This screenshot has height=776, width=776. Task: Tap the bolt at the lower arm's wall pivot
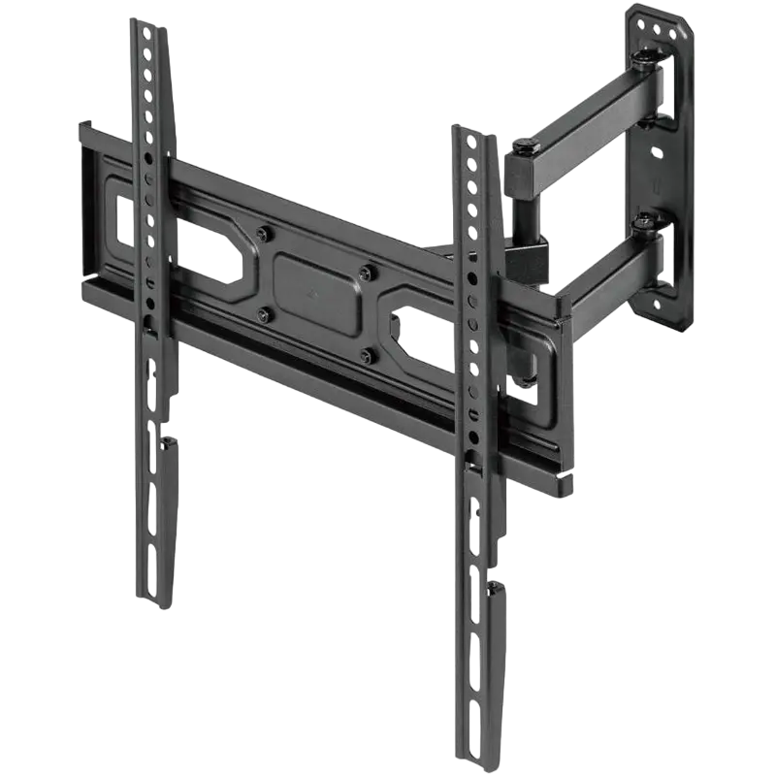(x=643, y=224)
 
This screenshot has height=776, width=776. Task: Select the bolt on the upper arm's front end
(x=525, y=148)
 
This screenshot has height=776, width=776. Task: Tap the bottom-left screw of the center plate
(x=262, y=312)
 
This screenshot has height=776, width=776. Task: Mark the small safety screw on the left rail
(x=170, y=444)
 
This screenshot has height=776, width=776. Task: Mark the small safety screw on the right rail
(x=498, y=588)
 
